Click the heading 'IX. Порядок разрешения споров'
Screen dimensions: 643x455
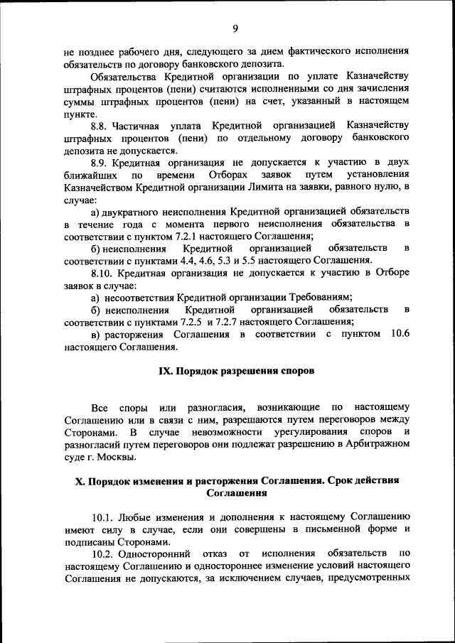click(x=234, y=371)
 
